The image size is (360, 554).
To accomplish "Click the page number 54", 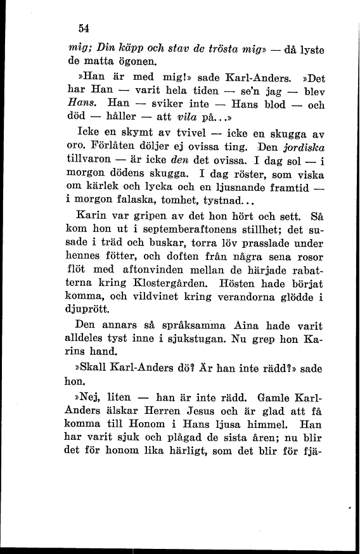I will tap(82, 28).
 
